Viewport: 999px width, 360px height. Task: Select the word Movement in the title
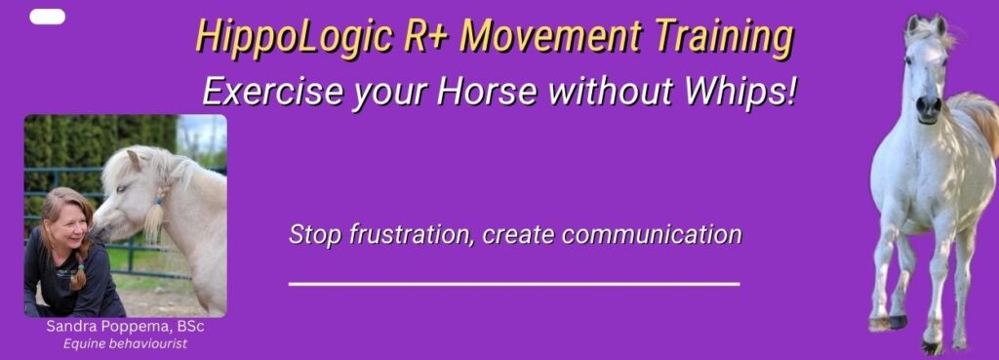pyautogui.click(x=550, y=37)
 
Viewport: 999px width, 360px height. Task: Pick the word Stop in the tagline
pyautogui.click(x=315, y=235)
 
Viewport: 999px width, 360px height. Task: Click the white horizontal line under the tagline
pyautogui.click(x=514, y=284)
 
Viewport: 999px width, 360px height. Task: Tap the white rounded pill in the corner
pyautogui.click(x=47, y=17)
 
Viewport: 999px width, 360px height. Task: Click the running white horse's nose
pyautogui.click(x=929, y=108)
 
